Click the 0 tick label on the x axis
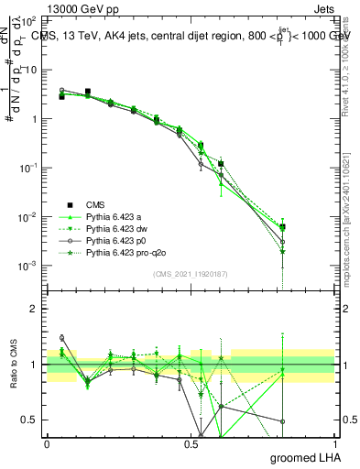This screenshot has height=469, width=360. (47, 443)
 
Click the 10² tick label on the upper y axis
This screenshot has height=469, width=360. (28, 20)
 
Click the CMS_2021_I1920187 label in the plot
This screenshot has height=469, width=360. (191, 274)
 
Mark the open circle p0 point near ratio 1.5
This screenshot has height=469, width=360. (61, 338)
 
